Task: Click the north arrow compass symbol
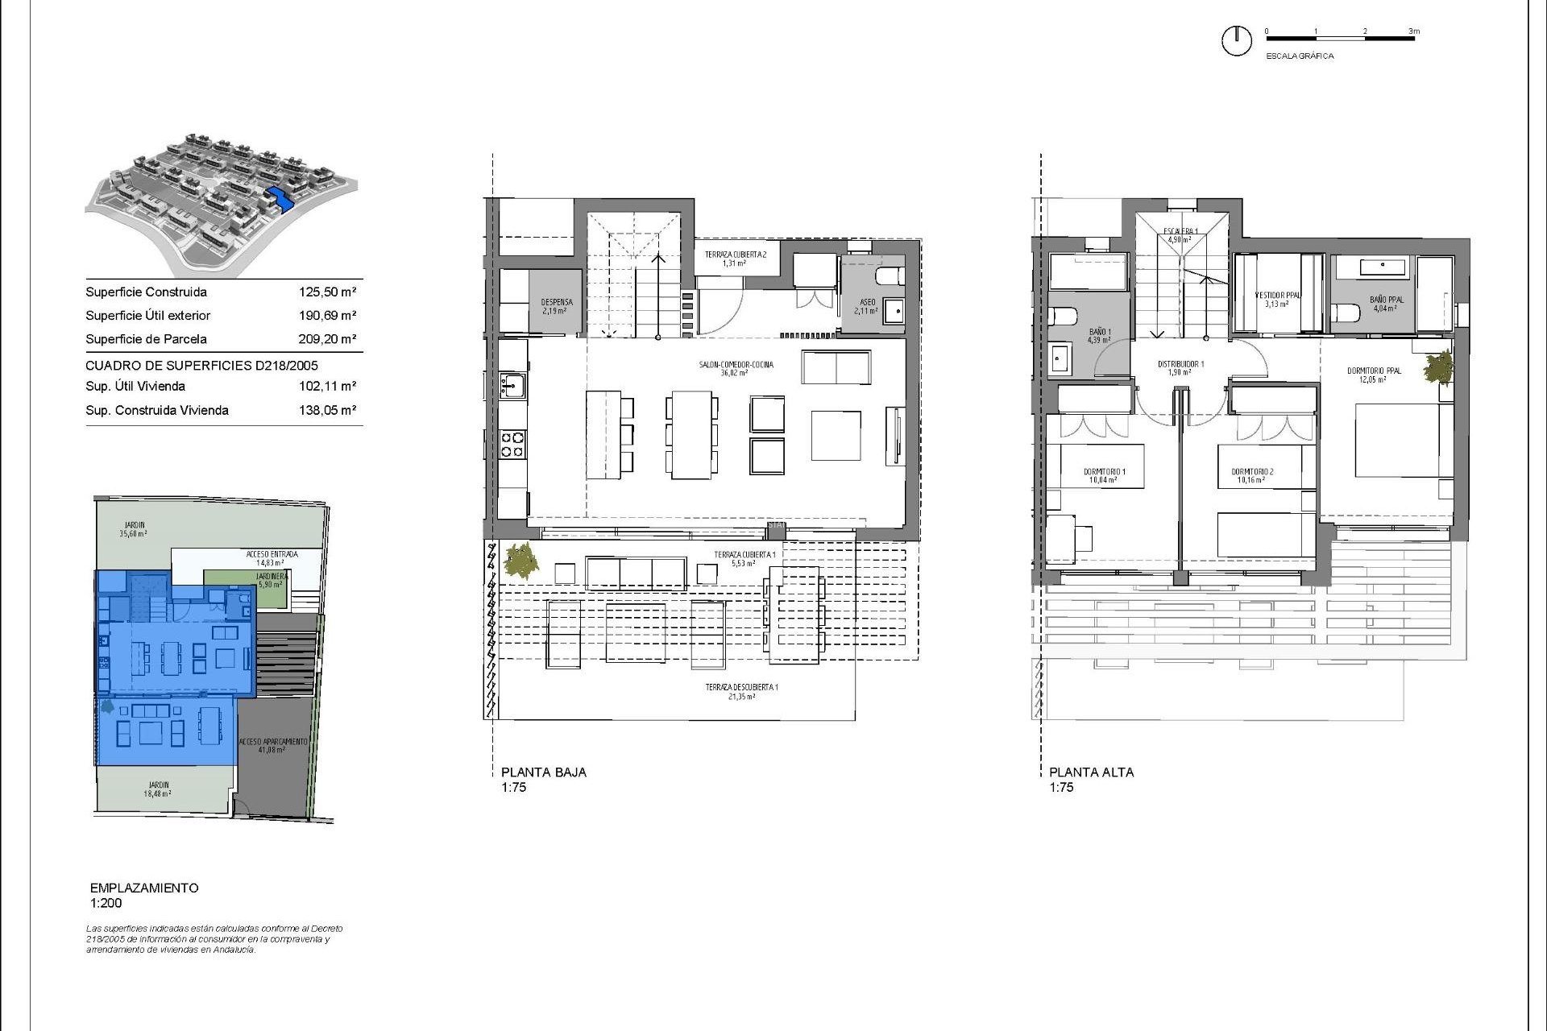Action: [x=1236, y=40]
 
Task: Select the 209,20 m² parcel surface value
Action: [x=327, y=339]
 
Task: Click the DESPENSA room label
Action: [x=556, y=306]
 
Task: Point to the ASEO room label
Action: [x=867, y=306]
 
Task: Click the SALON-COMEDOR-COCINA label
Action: [x=736, y=368]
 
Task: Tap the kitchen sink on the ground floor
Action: [x=512, y=385]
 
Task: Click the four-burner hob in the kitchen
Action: [x=512, y=444]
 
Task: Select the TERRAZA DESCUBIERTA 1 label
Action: [x=741, y=691]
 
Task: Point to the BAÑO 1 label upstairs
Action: [x=1099, y=335]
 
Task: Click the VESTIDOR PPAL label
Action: [x=1277, y=299]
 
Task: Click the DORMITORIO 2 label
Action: [x=1251, y=475]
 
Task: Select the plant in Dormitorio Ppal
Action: [x=1438, y=369]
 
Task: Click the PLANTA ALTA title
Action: [x=1091, y=772]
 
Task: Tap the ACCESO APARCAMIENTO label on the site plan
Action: [x=273, y=745]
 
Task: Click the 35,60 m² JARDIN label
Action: [x=133, y=529]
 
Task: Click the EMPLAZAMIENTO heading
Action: [x=144, y=888]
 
